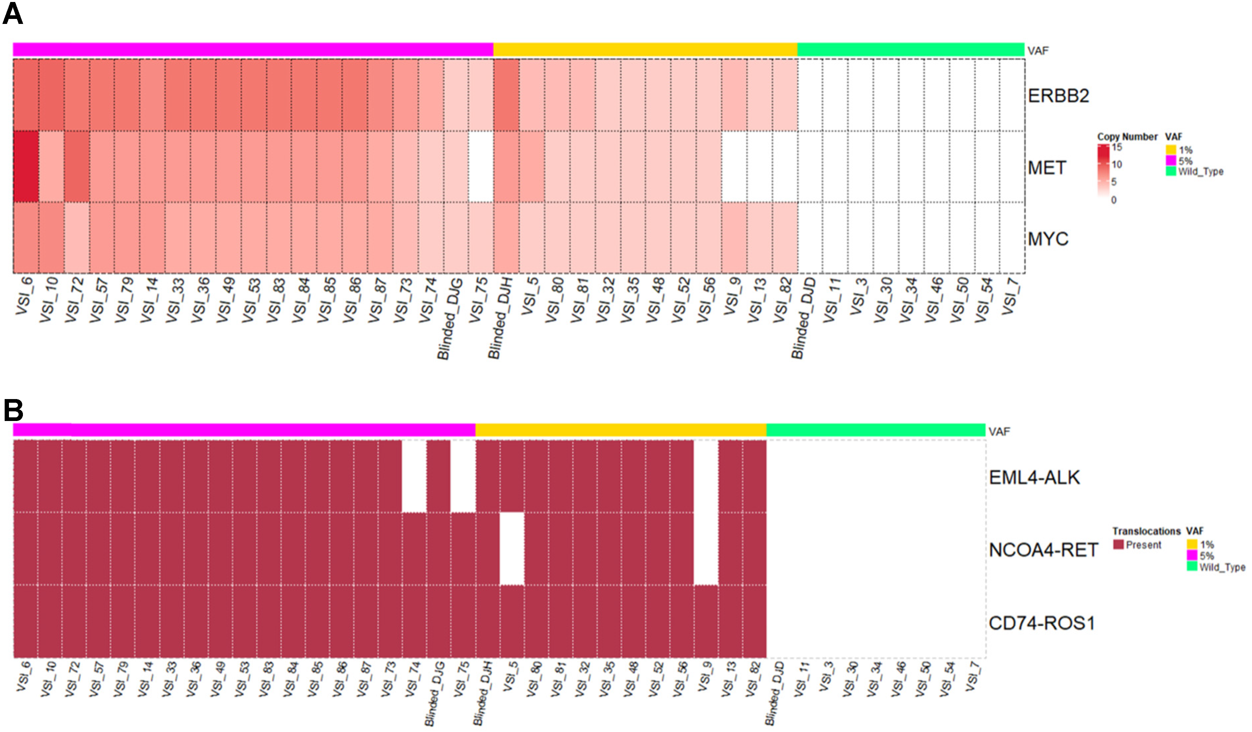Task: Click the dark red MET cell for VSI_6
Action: (x=26, y=166)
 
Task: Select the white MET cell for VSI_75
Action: (x=481, y=166)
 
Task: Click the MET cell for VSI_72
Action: (x=76, y=166)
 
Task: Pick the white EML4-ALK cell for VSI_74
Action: (x=414, y=476)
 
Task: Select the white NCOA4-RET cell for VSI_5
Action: (x=512, y=549)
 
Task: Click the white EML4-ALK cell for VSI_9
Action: (x=706, y=476)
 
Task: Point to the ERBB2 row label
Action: (x=1058, y=95)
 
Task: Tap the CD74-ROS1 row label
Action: (x=1042, y=623)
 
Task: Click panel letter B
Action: (x=13, y=410)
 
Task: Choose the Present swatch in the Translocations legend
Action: (x=1118, y=545)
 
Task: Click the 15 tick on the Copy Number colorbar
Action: (x=1117, y=147)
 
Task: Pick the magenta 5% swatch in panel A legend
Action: (x=1171, y=160)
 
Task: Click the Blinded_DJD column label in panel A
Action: (x=803, y=318)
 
